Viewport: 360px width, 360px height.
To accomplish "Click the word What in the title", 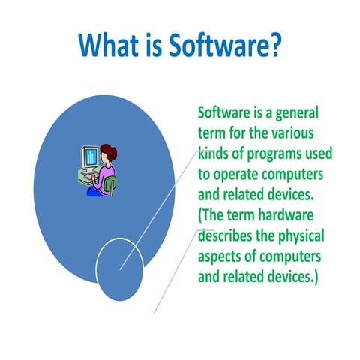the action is (108, 45).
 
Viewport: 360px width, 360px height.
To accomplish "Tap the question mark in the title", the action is (274, 45).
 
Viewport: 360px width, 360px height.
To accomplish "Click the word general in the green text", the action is (297, 114).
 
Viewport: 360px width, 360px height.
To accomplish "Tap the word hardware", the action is (286, 215).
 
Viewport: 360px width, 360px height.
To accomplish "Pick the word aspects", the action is (219, 257).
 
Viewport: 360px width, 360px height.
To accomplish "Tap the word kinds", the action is (213, 154).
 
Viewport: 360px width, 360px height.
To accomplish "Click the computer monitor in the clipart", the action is (90, 157).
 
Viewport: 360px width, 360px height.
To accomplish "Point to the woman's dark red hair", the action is (109, 151).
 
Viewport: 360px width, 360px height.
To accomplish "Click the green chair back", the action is (110, 185).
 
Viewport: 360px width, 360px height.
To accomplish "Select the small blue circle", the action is (120, 269).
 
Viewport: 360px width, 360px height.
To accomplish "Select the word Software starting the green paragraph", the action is (224, 112).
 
